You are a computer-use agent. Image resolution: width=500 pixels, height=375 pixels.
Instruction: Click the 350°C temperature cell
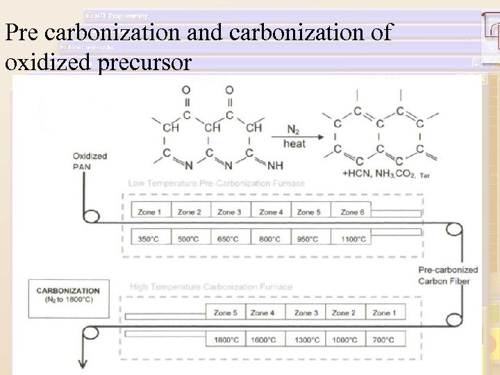pyautogui.click(x=148, y=239)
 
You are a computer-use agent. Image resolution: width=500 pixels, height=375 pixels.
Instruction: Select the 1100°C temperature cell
pyautogui.click(x=353, y=239)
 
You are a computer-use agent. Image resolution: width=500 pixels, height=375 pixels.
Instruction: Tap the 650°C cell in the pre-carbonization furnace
pyautogui.click(x=228, y=239)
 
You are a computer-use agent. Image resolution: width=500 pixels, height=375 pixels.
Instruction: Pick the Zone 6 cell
pyautogui.click(x=353, y=212)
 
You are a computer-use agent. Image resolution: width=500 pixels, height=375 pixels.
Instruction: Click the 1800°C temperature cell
pyautogui.click(x=226, y=340)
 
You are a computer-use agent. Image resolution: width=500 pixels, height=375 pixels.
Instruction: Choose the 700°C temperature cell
pyautogui.click(x=384, y=340)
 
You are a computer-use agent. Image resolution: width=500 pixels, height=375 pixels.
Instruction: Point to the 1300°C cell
pyautogui.click(x=306, y=340)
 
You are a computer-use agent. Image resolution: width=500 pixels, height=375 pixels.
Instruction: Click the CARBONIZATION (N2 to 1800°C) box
pyautogui.click(x=68, y=294)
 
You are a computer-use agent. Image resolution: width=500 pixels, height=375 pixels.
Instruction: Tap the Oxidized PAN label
pyautogui.click(x=90, y=160)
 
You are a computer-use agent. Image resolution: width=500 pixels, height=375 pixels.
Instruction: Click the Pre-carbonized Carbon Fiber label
pyautogui.click(x=448, y=275)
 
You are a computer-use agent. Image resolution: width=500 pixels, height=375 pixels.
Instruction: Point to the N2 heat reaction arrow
pyautogui.click(x=294, y=137)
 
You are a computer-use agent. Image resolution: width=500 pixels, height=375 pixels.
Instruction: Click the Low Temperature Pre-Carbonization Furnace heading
pyautogui.click(x=216, y=183)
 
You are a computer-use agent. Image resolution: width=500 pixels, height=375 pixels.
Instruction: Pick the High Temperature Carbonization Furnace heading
pyautogui.click(x=210, y=286)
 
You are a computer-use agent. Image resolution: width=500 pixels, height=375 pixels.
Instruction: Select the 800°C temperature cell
pyautogui.click(x=269, y=239)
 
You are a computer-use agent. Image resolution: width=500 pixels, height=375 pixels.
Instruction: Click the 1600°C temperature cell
pyautogui.click(x=265, y=340)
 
